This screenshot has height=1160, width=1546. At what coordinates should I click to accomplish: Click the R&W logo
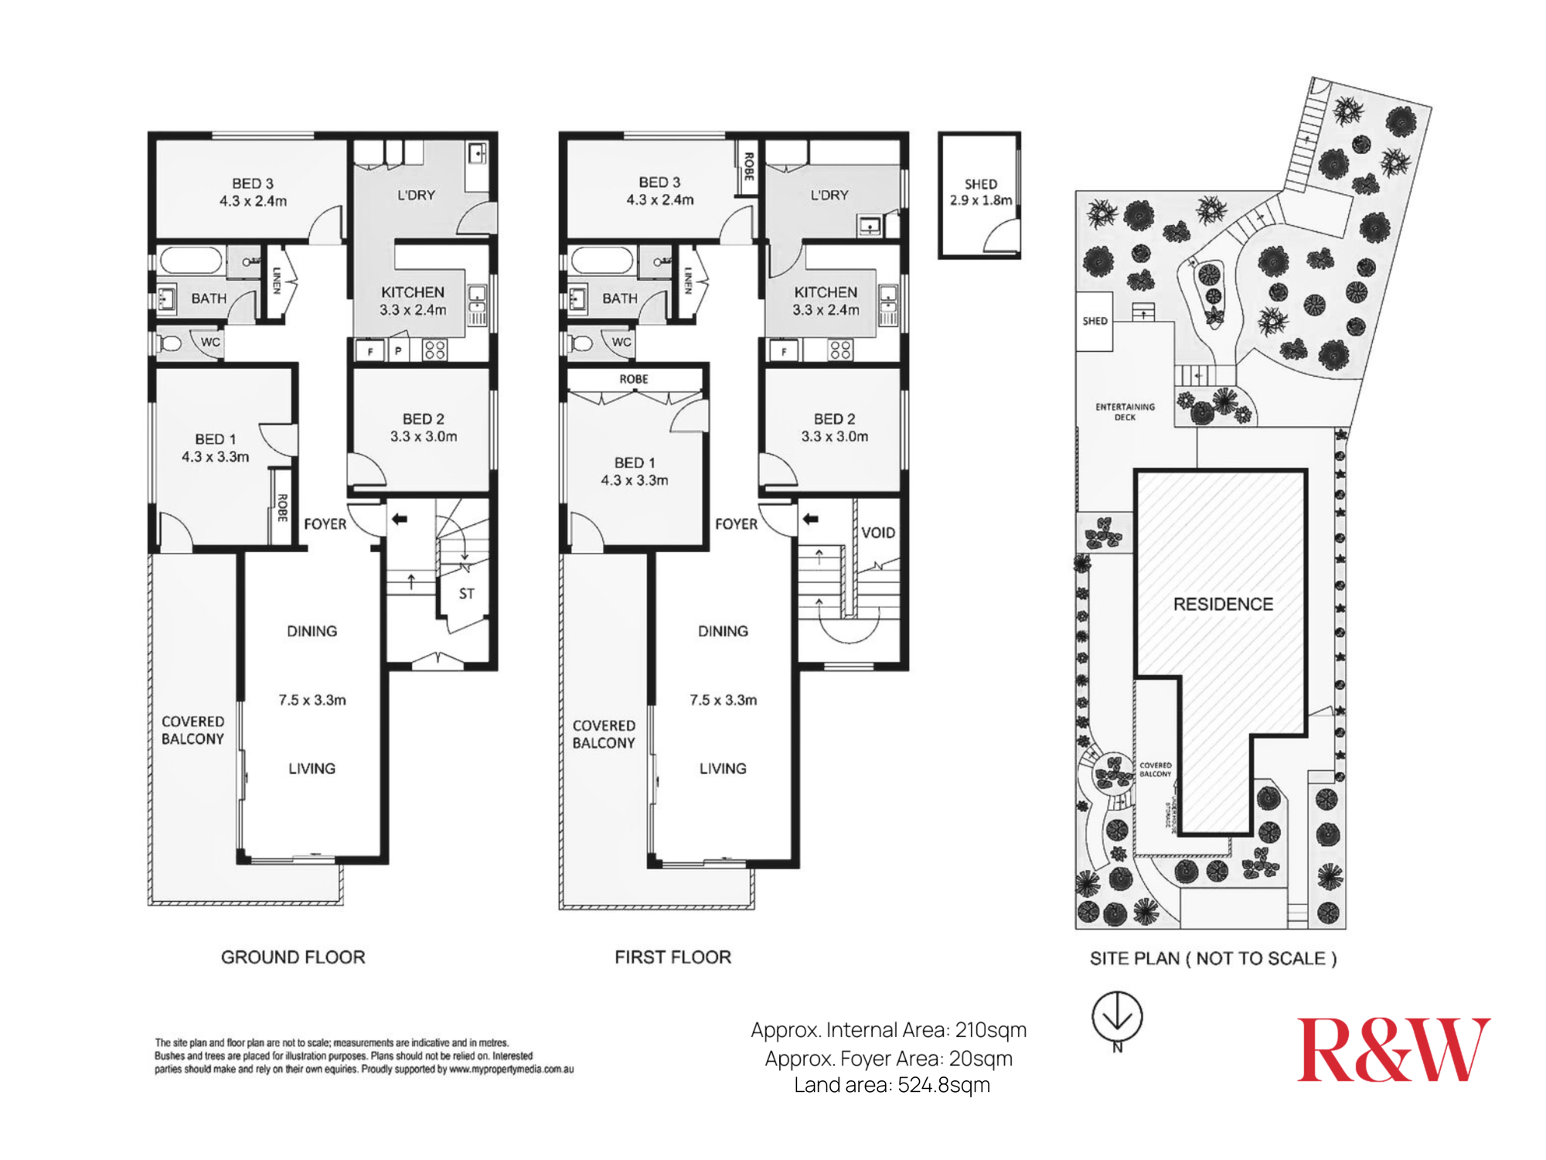(1393, 1049)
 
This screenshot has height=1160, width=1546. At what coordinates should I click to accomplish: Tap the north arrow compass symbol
(1117, 1017)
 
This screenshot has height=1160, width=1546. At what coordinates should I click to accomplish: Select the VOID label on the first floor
(878, 533)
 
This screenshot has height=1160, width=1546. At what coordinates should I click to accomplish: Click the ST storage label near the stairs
(466, 594)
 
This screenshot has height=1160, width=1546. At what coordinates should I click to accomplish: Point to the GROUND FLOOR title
(293, 957)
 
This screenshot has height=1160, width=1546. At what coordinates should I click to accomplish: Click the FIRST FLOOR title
(673, 957)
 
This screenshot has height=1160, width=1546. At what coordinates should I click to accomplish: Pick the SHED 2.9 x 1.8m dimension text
(980, 200)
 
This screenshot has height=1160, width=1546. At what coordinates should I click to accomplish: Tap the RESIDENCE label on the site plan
(1223, 604)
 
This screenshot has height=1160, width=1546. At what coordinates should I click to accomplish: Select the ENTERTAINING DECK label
(1125, 411)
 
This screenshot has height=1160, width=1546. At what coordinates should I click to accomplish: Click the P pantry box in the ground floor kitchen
(398, 351)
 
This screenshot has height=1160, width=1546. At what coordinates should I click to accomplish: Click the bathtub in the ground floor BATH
(191, 261)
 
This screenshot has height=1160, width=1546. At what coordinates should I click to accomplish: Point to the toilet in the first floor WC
(580, 343)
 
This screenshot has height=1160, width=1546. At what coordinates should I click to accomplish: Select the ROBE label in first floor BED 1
(634, 379)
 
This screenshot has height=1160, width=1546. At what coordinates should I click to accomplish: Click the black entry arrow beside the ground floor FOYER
(399, 519)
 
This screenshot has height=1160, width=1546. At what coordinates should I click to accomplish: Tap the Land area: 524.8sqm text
(892, 1085)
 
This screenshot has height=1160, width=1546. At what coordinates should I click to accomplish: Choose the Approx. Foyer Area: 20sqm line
(889, 1058)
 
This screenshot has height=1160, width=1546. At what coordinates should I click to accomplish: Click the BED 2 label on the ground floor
(423, 418)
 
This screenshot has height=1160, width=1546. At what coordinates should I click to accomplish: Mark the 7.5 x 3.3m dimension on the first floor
(723, 700)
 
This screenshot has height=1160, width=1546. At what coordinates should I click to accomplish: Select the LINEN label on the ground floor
(276, 280)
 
